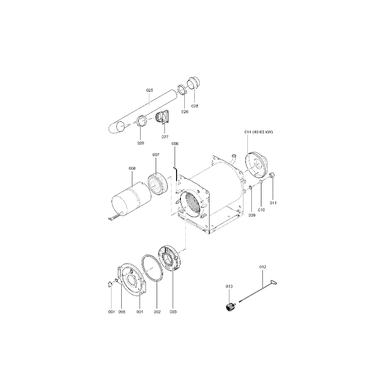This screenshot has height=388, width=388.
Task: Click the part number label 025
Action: pos(149,90)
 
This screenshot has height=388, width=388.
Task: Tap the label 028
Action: pos(195,106)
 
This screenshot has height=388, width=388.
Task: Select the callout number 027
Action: pos(165,137)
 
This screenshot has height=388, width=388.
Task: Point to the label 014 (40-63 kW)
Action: pos(259,132)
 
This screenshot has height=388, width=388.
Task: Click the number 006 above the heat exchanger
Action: pos(175,144)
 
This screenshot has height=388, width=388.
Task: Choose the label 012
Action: pos(262,267)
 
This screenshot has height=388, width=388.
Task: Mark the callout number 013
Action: pos(229,287)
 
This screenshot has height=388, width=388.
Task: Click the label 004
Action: pos(112,312)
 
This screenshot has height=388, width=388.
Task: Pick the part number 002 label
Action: pos(157,312)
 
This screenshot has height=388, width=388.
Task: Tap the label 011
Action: pos(273,203)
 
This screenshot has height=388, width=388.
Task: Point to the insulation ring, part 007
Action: pos(158,183)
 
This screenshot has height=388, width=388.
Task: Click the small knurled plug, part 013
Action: pos(229,307)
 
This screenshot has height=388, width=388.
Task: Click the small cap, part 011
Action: pos(272,176)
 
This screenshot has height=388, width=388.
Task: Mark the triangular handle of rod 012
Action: pos(274,282)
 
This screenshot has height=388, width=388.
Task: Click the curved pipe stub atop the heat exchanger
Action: pos(233,159)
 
